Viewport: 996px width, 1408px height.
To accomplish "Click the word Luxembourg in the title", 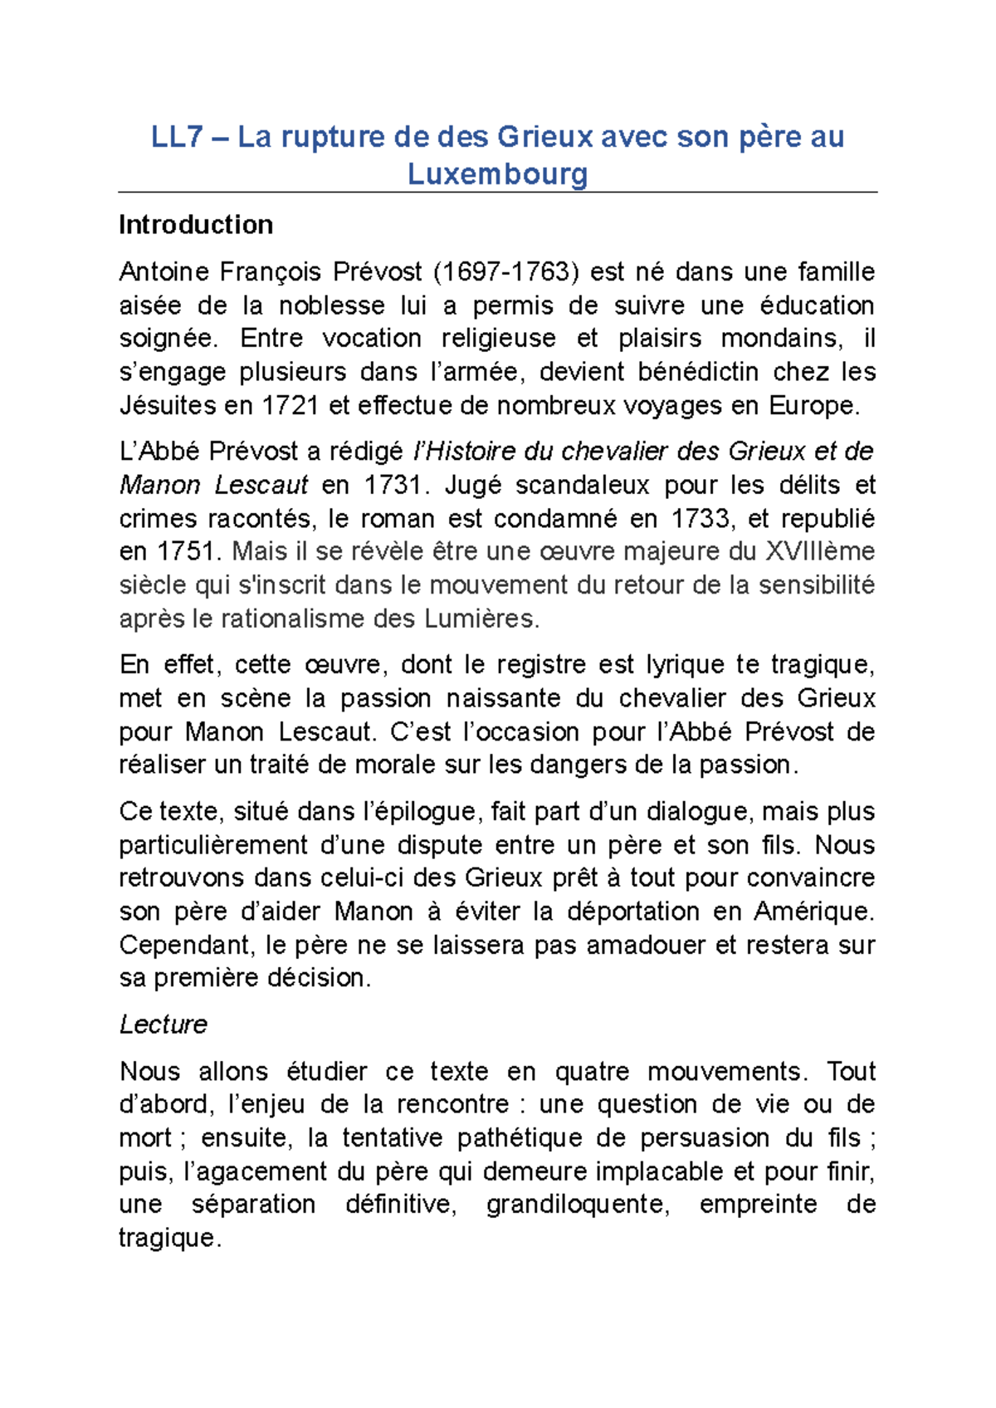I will pos(497,174).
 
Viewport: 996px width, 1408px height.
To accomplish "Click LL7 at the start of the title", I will pos(177,137).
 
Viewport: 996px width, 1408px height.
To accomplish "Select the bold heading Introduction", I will pos(196,225).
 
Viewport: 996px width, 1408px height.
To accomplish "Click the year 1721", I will pos(290,406).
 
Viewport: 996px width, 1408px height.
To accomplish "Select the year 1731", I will pos(393,485).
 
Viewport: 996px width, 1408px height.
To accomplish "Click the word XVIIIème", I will pos(819,552).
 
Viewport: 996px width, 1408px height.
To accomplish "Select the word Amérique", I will pos(813,912).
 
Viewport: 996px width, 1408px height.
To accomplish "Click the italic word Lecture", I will pos(163,1024).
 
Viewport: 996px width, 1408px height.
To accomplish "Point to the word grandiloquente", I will pos(577,1205).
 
